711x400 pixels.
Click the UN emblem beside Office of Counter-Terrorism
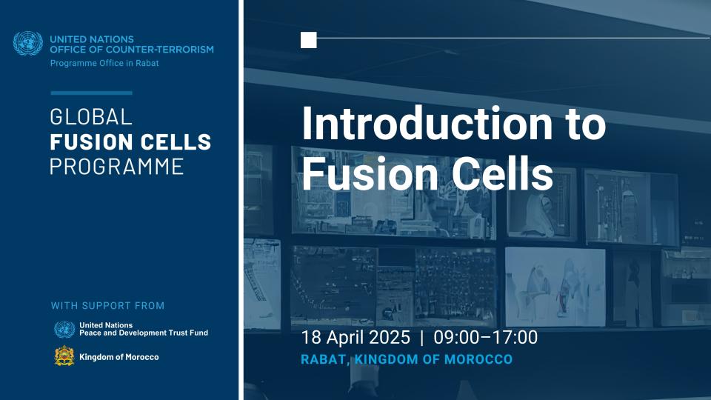[28, 44]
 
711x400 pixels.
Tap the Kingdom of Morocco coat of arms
[64, 356]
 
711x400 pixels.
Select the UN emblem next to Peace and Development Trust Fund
[64, 329]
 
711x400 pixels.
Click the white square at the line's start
[308, 40]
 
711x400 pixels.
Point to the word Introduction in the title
[427, 124]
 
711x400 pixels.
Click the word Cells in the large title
[502, 173]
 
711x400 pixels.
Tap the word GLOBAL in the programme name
[90, 117]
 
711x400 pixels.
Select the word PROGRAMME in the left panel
[116, 167]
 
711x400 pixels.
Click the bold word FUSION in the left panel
[85, 142]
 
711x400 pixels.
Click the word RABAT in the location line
[324, 360]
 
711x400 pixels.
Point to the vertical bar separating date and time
[422, 338]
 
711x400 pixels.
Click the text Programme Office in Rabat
[104, 63]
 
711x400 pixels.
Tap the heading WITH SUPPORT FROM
[107, 306]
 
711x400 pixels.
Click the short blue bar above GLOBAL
[91, 93]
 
